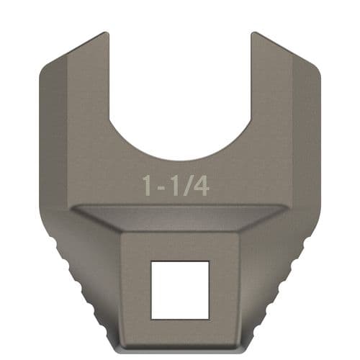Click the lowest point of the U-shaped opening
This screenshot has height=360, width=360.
[180, 160]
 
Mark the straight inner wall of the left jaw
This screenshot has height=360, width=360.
[109, 79]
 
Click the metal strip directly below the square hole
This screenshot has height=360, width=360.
[180, 329]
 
